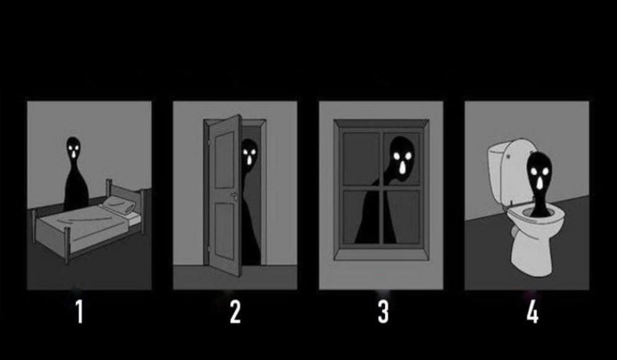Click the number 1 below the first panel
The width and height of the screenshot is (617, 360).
coord(80,312)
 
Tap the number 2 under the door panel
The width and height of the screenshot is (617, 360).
coord(235,312)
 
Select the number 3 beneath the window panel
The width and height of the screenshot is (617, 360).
coord(383,312)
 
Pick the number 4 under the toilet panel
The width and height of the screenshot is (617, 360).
coord(532,312)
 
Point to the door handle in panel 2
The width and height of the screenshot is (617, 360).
coord(234,196)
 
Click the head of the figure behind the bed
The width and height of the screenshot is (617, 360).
coord(73,148)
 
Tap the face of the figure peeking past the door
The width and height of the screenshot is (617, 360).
coord(249,154)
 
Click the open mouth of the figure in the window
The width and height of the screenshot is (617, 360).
coord(402,168)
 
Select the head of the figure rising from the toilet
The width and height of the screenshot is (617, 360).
coord(539,172)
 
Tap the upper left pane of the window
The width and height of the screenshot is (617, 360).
coord(360,158)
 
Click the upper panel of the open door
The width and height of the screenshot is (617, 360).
coord(225,160)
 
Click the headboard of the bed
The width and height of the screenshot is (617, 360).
coord(126,196)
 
